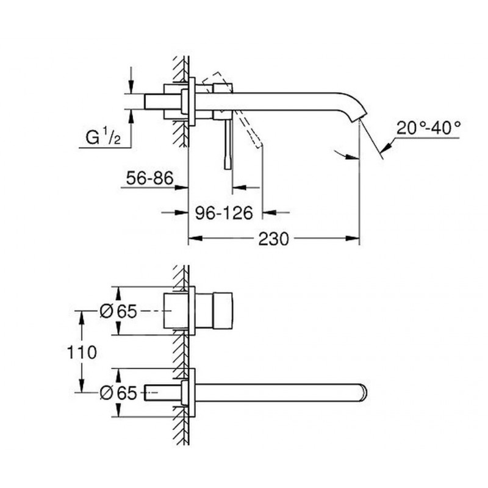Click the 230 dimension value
click(273, 239)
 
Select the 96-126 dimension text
click(224, 213)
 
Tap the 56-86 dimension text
click(149, 178)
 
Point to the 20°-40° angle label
click(429, 127)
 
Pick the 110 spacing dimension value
click(82, 353)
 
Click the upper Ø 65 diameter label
click(118, 311)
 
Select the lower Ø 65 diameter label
click(118, 393)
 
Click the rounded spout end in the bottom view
click(364, 393)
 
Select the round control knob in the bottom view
click(223, 310)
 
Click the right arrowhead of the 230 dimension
click(353, 239)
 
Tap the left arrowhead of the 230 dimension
click(196, 239)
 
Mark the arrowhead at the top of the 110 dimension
click(82, 318)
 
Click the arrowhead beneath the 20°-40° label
click(387, 147)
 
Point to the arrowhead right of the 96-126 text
click(270, 212)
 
